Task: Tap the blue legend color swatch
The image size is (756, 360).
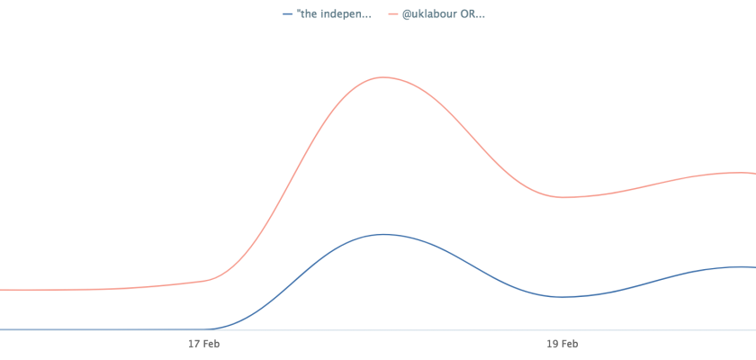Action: click(x=287, y=14)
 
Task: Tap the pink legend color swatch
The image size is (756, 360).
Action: click(x=393, y=14)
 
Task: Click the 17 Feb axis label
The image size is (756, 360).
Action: click(x=204, y=343)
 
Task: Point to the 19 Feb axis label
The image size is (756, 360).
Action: click(x=562, y=343)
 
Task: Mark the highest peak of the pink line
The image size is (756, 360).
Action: click(x=382, y=77)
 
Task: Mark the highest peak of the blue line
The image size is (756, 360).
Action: click(x=383, y=234)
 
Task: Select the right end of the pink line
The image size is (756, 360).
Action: click(x=754, y=174)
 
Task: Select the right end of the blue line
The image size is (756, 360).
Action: click(x=754, y=267)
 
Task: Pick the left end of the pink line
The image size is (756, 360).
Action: click(x=2, y=290)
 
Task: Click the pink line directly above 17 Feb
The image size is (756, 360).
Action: click(x=204, y=281)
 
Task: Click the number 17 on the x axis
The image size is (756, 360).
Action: click(x=193, y=343)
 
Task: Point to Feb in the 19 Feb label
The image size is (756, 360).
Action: click(x=570, y=343)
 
